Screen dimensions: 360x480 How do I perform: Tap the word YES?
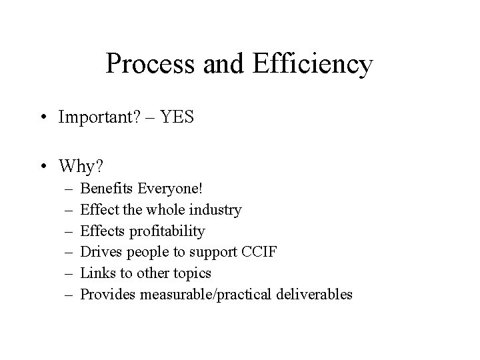[x=182, y=118]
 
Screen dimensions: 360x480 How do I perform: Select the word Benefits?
[x=106, y=189]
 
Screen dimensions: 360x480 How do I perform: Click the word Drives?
[x=99, y=252]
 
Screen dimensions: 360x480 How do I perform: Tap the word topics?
[x=190, y=273]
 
